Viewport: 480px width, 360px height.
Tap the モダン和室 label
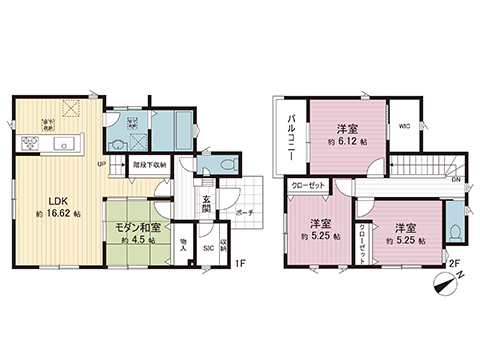pos(132,227)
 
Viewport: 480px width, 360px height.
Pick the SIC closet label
pos(208,247)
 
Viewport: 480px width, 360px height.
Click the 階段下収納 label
pos(150,165)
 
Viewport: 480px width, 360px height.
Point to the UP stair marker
pos(102,165)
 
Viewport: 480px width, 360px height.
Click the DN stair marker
pos(455,181)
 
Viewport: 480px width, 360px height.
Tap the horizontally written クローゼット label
pos(310,186)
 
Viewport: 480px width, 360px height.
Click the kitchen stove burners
pos(25,143)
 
